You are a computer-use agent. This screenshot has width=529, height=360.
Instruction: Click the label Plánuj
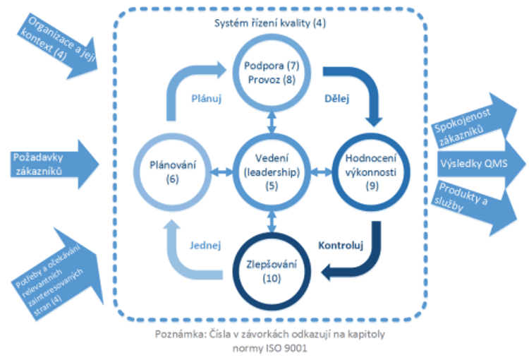[x=206, y=100]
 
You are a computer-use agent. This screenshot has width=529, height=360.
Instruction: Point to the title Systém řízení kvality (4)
[x=270, y=23]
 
